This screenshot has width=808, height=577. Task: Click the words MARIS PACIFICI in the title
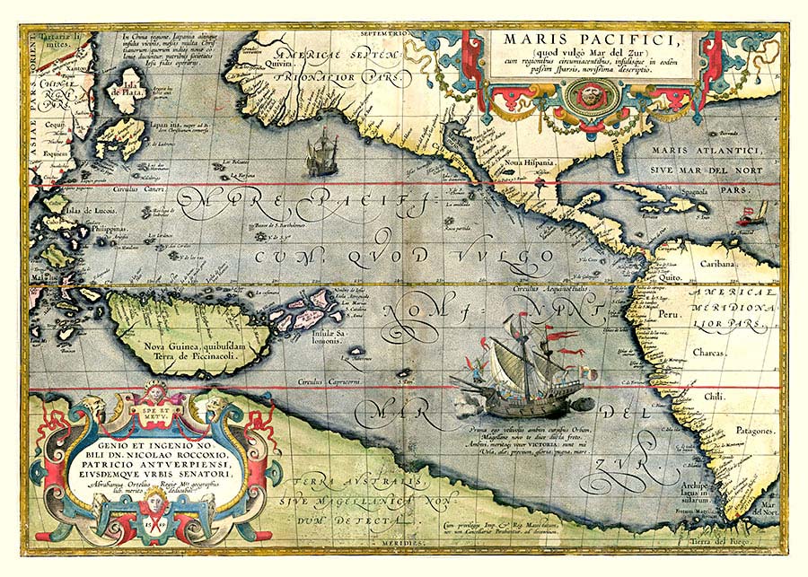click(593, 40)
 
